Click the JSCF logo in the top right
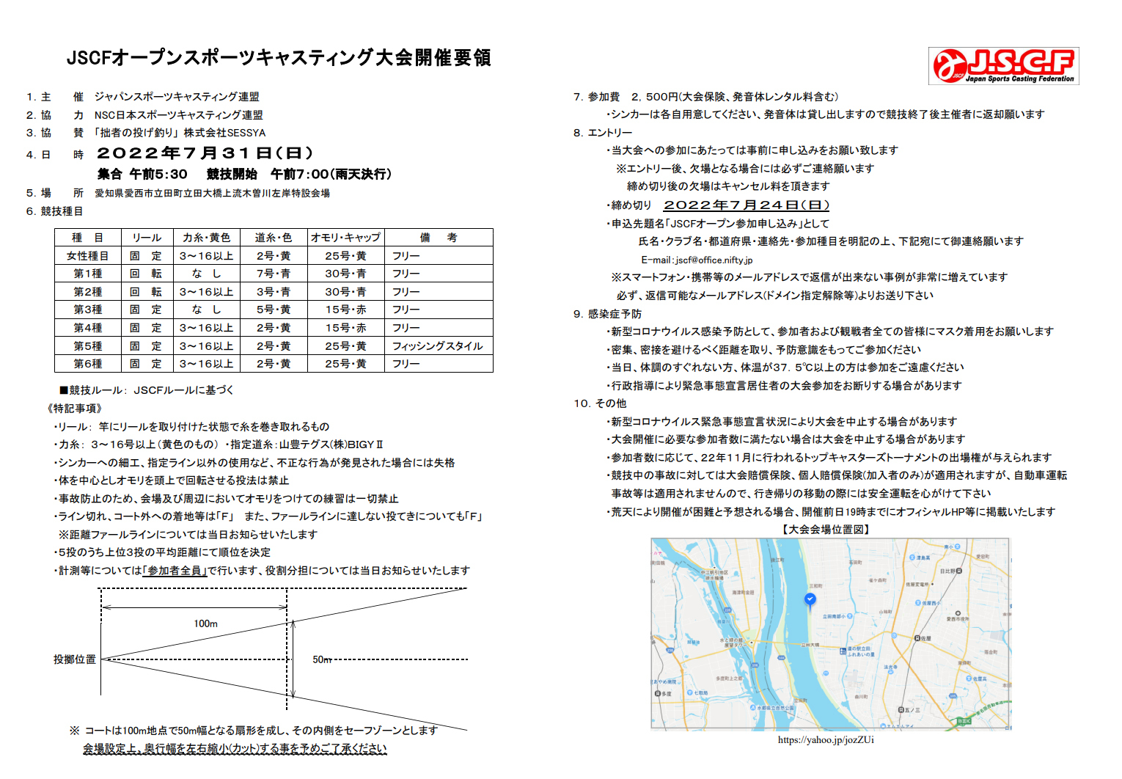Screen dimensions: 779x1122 [x=1003, y=66]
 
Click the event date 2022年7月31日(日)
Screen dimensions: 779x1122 [x=205, y=153]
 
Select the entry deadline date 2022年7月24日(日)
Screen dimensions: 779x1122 [x=746, y=205]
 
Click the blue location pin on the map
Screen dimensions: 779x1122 [x=810, y=600]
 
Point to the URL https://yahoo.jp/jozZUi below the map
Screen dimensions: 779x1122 [x=826, y=739]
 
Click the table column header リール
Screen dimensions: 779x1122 [x=146, y=238]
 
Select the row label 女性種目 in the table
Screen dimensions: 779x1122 [x=87, y=256]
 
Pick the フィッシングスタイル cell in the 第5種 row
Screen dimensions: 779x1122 [x=437, y=346]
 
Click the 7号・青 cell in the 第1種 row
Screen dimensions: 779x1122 [x=273, y=274]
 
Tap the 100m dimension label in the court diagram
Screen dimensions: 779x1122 [x=205, y=623]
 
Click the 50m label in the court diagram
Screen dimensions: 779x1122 [x=322, y=659]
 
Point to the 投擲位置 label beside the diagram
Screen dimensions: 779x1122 [x=75, y=659]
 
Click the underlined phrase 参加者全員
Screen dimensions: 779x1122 [x=175, y=571]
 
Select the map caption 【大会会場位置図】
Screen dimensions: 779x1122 [x=826, y=529]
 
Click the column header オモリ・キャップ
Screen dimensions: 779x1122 [x=345, y=238]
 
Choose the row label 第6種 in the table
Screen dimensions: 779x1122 [x=87, y=364]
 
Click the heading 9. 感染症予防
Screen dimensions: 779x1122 [x=607, y=314]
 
